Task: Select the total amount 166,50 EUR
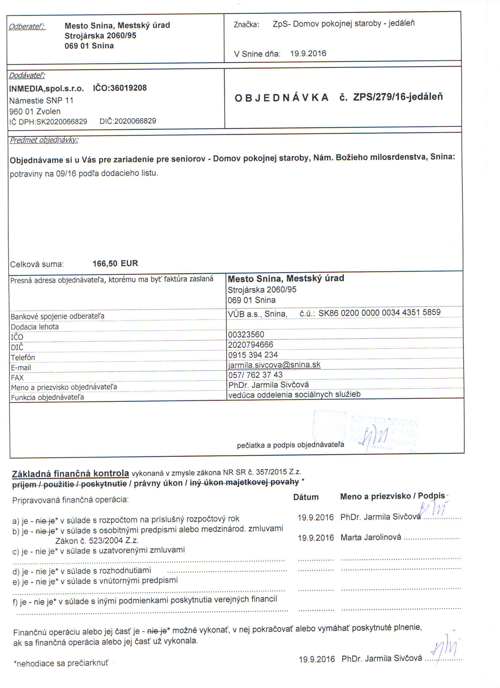[115, 263]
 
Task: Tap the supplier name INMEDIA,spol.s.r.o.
[46, 89]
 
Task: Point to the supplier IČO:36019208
[120, 88]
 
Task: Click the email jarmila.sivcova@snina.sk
[274, 365]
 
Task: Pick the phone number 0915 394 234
[253, 355]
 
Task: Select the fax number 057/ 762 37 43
[255, 375]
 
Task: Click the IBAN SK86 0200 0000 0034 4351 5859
[379, 312]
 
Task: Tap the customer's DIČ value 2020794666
[251, 345]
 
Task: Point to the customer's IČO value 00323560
[246, 335]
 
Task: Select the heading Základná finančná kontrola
[70, 474]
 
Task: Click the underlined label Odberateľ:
[27, 27]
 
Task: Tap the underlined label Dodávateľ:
[27, 75]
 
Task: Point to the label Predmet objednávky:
[44, 140]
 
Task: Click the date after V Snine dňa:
[308, 54]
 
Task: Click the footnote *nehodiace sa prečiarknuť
[61, 663]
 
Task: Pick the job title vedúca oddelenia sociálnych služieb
[294, 394]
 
